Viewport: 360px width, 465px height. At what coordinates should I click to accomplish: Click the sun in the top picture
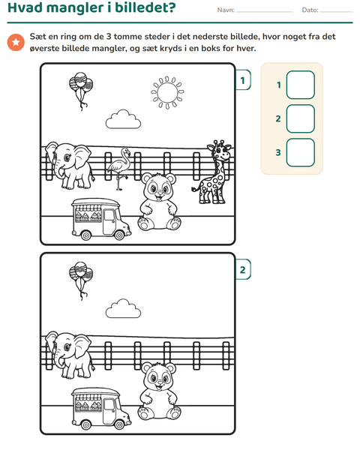(167, 92)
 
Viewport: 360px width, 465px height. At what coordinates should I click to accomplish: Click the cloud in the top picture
(123, 119)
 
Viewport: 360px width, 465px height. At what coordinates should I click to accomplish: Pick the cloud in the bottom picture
(123, 309)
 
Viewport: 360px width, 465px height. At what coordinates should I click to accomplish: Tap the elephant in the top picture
(69, 165)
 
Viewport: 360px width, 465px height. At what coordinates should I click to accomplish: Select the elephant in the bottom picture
(69, 355)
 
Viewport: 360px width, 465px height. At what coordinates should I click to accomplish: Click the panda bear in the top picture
(159, 202)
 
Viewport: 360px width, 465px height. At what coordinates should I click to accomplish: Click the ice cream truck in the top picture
(100, 219)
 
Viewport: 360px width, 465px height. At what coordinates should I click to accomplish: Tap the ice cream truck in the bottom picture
(100, 409)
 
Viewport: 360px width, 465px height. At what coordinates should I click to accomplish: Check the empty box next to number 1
(301, 85)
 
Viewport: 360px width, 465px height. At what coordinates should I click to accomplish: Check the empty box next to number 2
(301, 118)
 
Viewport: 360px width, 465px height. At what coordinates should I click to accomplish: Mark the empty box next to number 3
(301, 152)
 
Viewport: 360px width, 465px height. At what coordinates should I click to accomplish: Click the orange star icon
(16, 42)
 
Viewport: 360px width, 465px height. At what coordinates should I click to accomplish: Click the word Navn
(226, 10)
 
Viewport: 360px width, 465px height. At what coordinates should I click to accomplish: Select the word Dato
(310, 10)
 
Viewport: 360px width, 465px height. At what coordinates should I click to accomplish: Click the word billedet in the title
(145, 7)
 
